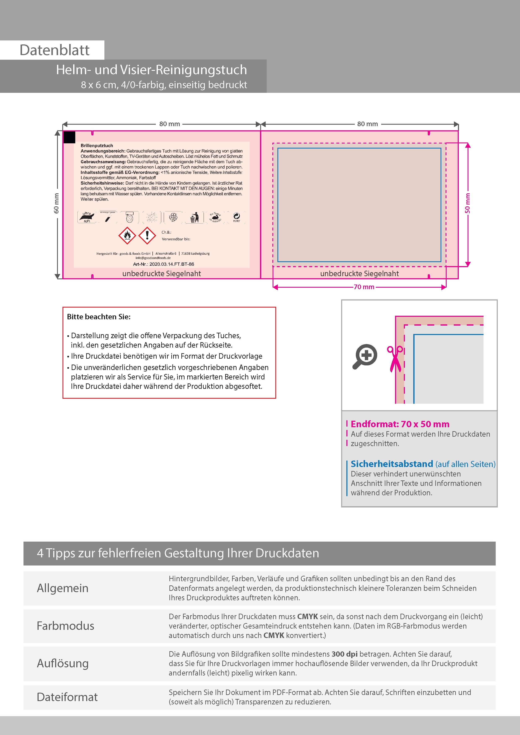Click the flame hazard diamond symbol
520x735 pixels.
click(127, 236)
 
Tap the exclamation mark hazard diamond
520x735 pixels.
click(147, 236)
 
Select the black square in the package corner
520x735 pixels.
click(70, 137)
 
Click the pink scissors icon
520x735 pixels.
click(395, 358)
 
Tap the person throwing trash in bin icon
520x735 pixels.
click(195, 217)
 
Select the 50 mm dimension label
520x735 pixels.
click(467, 203)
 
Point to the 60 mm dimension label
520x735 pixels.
click(56, 203)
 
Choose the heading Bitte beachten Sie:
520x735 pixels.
click(99, 317)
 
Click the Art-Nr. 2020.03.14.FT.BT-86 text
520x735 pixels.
click(163, 264)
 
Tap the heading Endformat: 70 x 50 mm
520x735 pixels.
click(400, 424)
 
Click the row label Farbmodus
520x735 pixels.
click(65, 626)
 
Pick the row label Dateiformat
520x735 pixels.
click(67, 697)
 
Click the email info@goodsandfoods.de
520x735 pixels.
click(153, 258)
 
